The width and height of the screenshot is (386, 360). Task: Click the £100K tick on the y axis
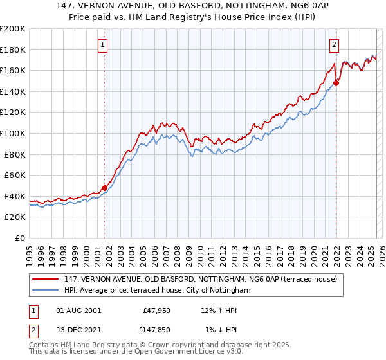click(13, 133)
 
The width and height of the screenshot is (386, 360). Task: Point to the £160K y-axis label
click(13, 70)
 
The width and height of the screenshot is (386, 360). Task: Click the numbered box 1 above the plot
click(104, 44)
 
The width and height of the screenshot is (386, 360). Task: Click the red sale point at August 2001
click(104, 188)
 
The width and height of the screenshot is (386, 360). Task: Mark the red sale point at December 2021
click(336, 83)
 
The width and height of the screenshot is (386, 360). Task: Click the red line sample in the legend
click(45, 278)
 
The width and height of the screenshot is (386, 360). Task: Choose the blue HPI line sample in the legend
click(45, 290)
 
